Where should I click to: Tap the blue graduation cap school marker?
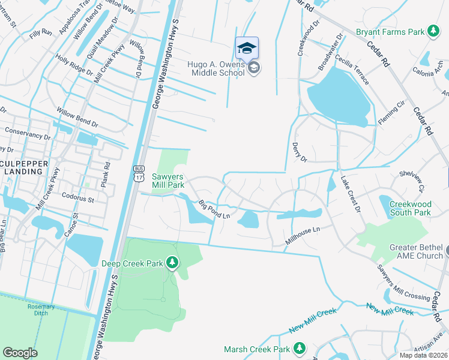coord(247,47)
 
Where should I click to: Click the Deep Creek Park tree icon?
coord(172,262)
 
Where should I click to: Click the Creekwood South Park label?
coord(411,208)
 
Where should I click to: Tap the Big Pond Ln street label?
coord(215,211)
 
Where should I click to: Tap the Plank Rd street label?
coord(106,173)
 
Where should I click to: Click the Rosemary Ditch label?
coord(41,310)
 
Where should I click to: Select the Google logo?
coord(20,353)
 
